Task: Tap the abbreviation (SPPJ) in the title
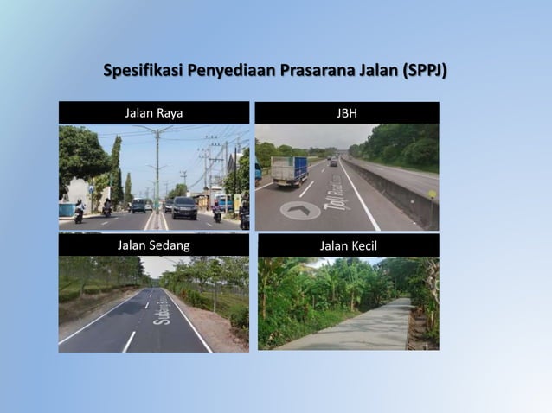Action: tap(424, 70)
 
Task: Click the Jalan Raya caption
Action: tap(153, 112)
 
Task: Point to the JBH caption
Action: tap(346, 112)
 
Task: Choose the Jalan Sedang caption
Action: tap(153, 245)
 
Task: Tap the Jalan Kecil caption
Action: tap(348, 245)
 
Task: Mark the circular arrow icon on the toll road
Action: tap(300, 210)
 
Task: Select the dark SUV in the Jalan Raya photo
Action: tap(184, 207)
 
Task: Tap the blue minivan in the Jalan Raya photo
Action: tap(138, 205)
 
